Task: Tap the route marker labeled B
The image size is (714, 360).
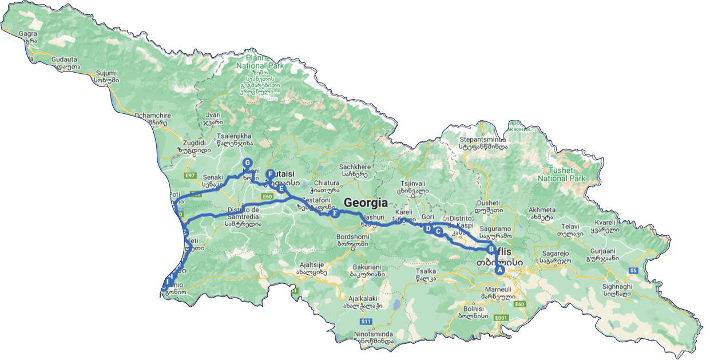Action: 491,250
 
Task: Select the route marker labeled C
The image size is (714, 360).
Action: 438,231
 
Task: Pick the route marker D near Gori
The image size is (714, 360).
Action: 428,228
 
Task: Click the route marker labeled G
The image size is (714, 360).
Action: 248,163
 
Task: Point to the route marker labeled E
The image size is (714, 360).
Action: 281,188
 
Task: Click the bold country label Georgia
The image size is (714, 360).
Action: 365,203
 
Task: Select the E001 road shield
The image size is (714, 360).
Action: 501,317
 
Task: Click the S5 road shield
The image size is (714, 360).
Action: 633,270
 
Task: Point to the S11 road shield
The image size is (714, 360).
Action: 366,322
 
